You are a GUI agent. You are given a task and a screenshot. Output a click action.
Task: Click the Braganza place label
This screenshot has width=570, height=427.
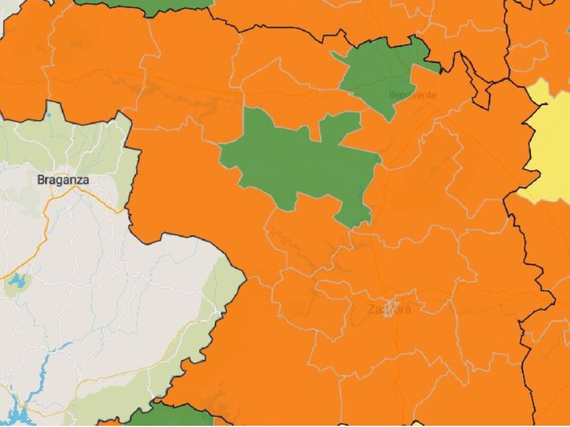click(x=63, y=180)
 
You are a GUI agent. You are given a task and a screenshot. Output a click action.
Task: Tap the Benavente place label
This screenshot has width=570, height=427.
click(x=412, y=95)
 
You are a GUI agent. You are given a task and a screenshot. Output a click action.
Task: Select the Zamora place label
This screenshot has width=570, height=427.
click(x=389, y=310)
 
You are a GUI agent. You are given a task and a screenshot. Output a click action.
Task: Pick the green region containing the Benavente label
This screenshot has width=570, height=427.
click(x=380, y=71)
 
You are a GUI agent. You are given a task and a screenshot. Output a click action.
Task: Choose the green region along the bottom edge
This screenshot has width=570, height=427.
click(x=171, y=416)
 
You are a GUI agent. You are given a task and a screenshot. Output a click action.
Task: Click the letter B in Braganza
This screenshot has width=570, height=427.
click(x=40, y=180)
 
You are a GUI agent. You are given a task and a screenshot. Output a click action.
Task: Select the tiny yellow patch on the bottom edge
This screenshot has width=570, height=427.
click(x=417, y=424)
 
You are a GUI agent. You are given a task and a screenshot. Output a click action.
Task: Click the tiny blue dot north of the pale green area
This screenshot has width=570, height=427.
click(x=49, y=115)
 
